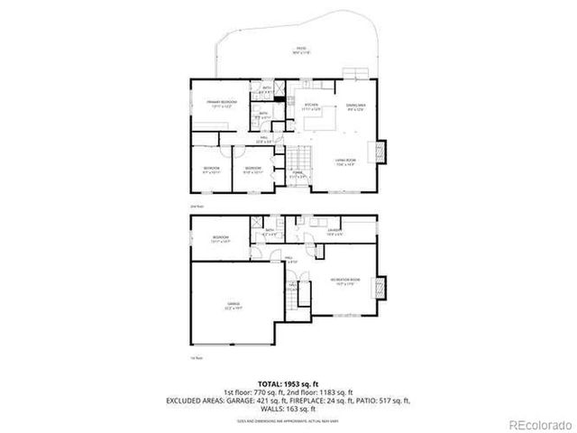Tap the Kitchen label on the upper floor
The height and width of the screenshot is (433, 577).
(312, 106)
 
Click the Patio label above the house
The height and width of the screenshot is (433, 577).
(300, 50)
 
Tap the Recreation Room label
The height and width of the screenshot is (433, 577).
(344, 280)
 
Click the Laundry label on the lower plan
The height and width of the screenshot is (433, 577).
(333, 232)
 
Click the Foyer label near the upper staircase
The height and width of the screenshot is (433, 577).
(297, 172)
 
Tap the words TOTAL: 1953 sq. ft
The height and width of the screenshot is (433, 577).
(288, 383)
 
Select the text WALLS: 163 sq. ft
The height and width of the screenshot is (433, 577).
(288, 409)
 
